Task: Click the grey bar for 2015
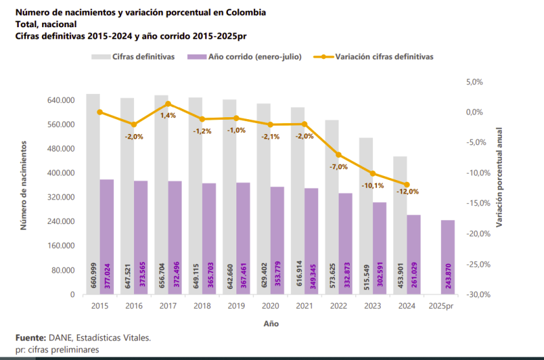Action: [x=93, y=194]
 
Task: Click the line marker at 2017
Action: [x=168, y=104]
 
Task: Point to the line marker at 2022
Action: [x=339, y=155]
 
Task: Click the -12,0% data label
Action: [x=408, y=192]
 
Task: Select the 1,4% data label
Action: [x=168, y=115]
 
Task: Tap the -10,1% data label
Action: [x=373, y=185]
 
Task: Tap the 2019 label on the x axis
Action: [x=236, y=305]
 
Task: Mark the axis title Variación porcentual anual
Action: [x=499, y=177]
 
